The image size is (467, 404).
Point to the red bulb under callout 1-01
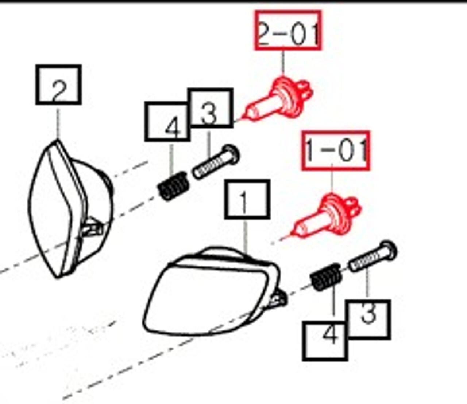327,216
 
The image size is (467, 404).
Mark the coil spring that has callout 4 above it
173,186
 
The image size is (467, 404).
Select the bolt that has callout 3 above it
216,162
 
